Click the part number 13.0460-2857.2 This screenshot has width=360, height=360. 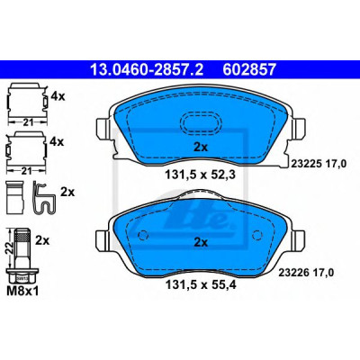click(147, 69)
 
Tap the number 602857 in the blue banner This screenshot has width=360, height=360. click(249, 69)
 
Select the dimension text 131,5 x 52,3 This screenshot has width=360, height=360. click(201, 174)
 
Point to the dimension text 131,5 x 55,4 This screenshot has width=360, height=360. click(201, 284)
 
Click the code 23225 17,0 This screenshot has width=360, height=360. click(319, 164)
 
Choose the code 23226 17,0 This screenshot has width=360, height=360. click(306, 273)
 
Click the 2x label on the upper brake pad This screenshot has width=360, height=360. click(201, 148)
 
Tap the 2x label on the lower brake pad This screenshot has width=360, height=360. click(201, 242)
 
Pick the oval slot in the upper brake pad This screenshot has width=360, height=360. click(201, 122)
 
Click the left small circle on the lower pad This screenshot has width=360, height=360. click(144, 235)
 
